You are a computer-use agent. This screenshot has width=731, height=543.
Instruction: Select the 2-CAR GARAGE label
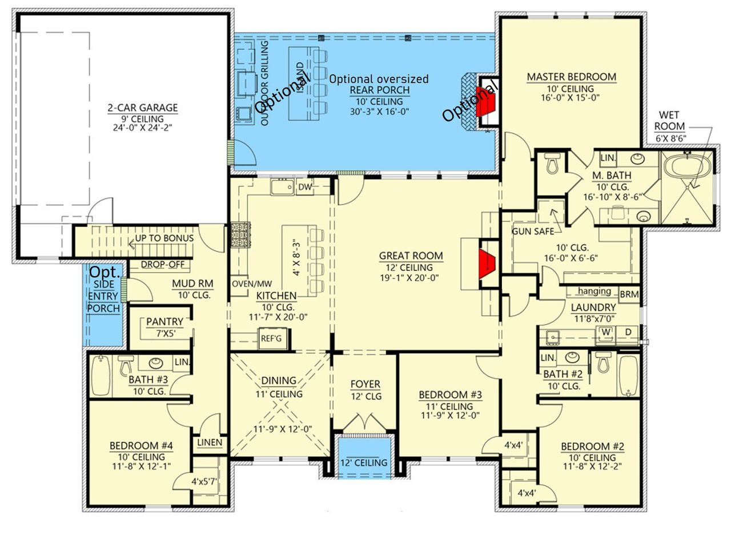point(143,108)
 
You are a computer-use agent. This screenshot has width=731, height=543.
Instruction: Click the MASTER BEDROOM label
point(571,77)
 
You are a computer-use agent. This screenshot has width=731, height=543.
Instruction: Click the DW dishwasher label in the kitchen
point(304,186)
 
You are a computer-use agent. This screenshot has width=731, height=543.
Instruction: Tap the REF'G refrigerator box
point(271,338)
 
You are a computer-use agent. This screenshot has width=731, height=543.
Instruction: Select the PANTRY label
point(164,322)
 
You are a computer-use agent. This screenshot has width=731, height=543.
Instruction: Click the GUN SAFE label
point(533,231)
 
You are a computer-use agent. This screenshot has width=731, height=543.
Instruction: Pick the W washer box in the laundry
point(605,332)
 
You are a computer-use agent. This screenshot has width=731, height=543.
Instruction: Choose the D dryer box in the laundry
point(628,332)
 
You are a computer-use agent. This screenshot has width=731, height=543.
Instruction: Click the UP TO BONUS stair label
point(164,238)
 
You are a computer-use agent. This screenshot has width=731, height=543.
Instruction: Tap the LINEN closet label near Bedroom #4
point(210,442)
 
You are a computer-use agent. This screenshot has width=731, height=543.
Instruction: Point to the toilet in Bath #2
point(603,364)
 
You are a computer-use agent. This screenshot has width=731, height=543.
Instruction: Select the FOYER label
point(365,385)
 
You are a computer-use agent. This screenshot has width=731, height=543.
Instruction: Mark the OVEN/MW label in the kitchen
point(251,284)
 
